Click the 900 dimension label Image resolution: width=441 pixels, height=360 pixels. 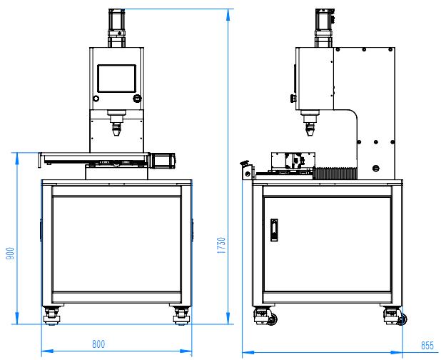tap(10, 254)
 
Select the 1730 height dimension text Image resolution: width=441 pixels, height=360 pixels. tap(222, 246)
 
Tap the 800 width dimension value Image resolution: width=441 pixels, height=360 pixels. tap(98, 344)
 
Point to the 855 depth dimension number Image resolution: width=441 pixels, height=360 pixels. tap(427, 346)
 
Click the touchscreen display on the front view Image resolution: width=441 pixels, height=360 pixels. tap(117, 79)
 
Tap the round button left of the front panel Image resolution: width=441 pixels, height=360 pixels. tap(96, 99)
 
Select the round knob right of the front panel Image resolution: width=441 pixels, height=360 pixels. tap(137, 99)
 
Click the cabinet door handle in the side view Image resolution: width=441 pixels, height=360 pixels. tap(274, 230)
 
